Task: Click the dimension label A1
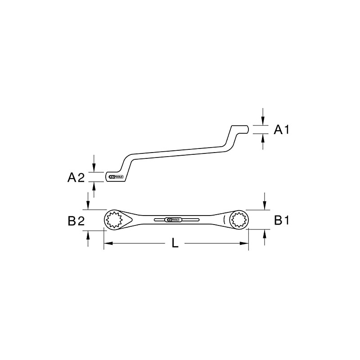tap(282, 130)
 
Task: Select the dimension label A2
tap(76, 178)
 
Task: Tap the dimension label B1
tap(282, 220)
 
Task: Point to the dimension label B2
tap(76, 220)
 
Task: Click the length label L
tap(175, 243)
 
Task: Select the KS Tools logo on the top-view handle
tap(173, 220)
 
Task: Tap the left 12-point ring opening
tap(116, 220)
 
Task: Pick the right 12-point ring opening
tap(238, 220)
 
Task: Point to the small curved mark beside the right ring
tap(224, 220)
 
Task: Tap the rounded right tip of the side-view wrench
tap(248, 129)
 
